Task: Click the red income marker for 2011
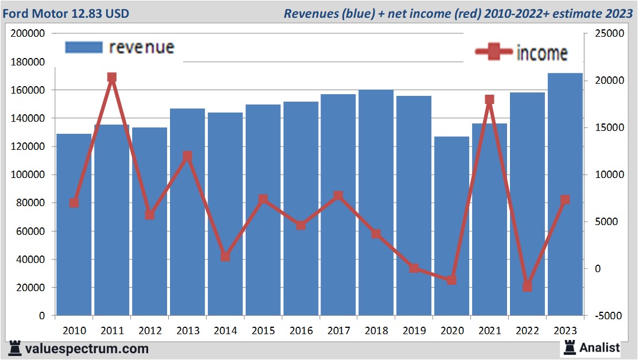click(112, 78)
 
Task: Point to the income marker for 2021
click(489, 100)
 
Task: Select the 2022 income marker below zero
click(527, 287)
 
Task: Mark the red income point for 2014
click(225, 257)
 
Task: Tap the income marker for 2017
click(338, 196)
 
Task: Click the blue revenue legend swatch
click(83, 47)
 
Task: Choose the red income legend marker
click(494, 52)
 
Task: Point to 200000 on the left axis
click(28, 34)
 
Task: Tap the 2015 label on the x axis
click(263, 331)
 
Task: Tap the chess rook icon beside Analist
click(570, 347)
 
